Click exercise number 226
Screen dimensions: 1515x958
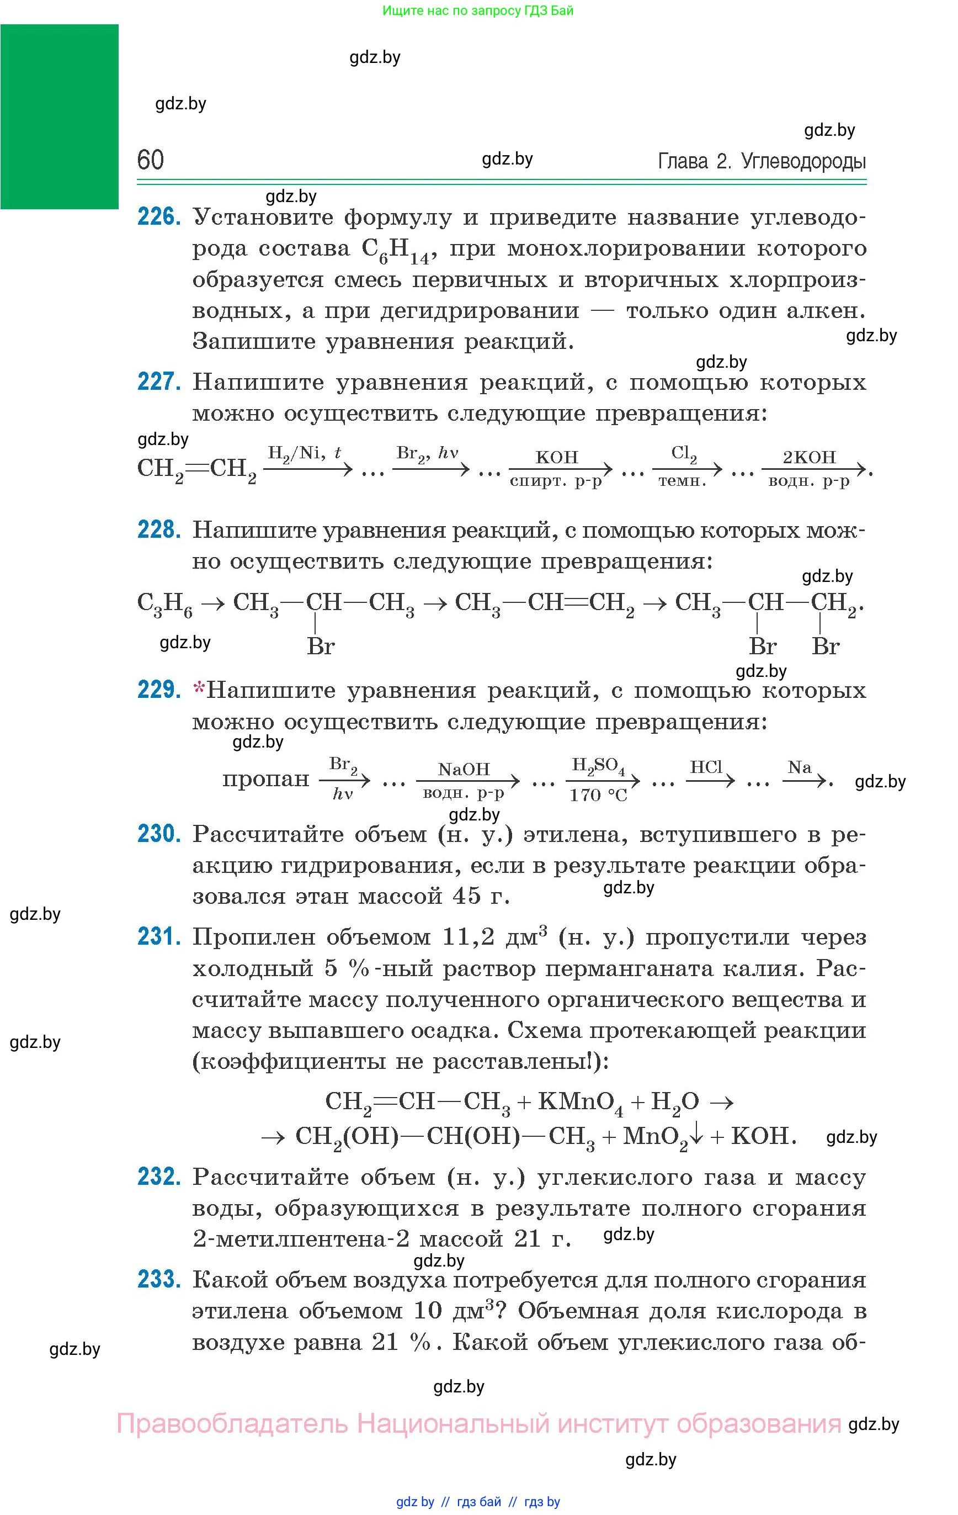click(x=158, y=217)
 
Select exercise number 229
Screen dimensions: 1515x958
click(x=158, y=690)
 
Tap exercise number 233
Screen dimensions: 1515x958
click(x=158, y=1279)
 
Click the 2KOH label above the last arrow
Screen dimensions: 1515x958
click(x=809, y=457)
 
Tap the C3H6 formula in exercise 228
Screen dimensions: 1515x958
click(x=165, y=604)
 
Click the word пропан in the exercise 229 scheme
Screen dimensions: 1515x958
click(x=265, y=779)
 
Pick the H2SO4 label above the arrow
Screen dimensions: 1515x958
click(x=598, y=766)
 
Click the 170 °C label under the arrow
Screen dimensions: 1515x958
click(x=598, y=795)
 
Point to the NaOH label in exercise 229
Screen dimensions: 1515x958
click(x=464, y=769)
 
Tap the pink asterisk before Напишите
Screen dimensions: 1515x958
click(x=199, y=690)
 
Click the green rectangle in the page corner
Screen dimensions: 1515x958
click(x=59, y=116)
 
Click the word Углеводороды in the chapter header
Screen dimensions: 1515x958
click(x=803, y=162)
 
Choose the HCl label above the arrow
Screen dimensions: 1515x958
click(x=706, y=767)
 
